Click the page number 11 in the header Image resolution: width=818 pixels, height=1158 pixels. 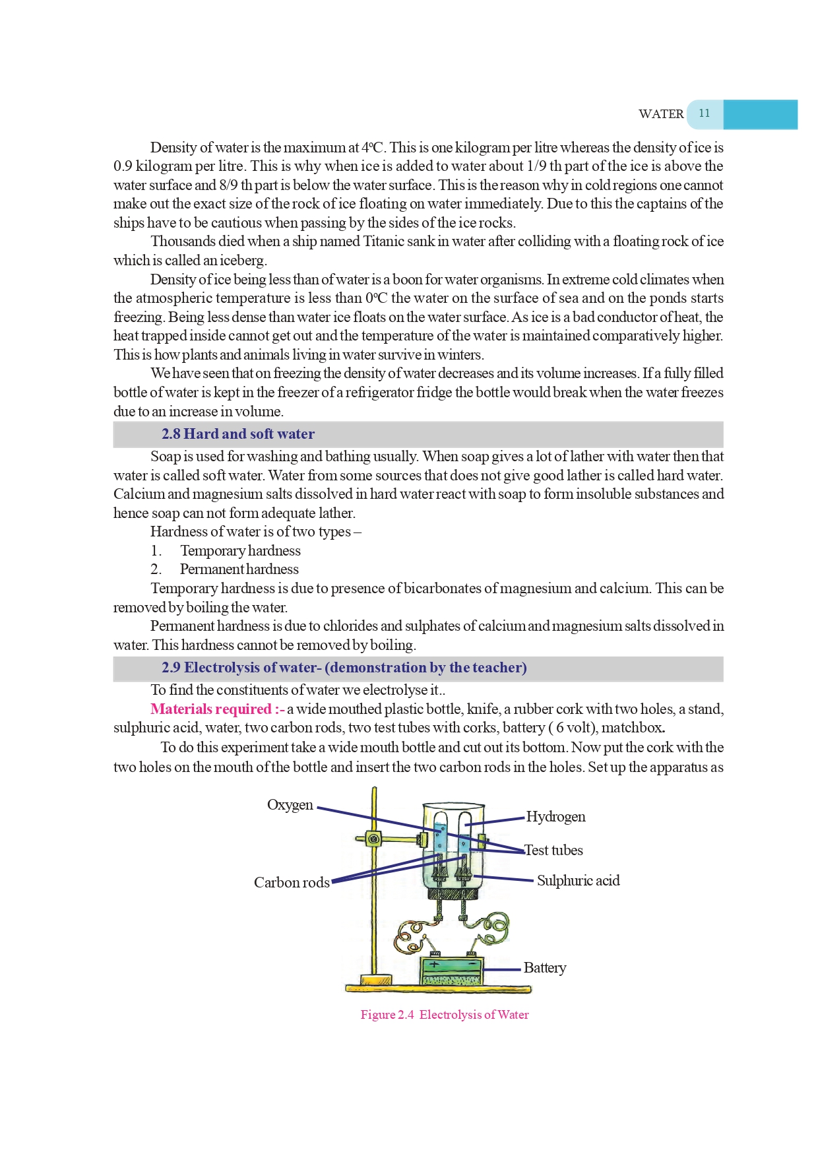[704, 113]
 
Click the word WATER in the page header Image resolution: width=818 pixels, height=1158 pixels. [660, 114]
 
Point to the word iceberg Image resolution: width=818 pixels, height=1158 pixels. [242, 261]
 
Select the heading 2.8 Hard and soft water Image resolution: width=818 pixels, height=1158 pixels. [238, 434]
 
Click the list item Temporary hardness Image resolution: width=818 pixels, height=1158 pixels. [240, 551]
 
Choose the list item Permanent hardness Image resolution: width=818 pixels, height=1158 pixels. [239, 569]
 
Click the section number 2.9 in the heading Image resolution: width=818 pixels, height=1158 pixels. [171, 668]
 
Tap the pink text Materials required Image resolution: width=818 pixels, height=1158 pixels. [211, 709]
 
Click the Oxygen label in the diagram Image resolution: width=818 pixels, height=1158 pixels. [290, 805]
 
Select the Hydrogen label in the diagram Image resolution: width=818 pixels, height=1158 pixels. [555, 817]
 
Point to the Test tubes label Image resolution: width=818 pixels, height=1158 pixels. [553, 851]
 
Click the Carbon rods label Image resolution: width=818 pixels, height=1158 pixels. [292, 883]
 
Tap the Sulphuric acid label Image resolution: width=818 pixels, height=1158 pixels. [578, 881]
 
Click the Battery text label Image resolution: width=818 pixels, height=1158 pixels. [545, 968]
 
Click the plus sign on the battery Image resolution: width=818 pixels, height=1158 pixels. [435, 965]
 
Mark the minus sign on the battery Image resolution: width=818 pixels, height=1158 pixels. [471, 965]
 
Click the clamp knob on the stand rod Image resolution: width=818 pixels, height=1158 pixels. [373, 839]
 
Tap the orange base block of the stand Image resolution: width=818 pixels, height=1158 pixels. [377, 980]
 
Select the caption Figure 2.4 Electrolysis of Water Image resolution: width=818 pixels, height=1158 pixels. [445, 1015]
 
